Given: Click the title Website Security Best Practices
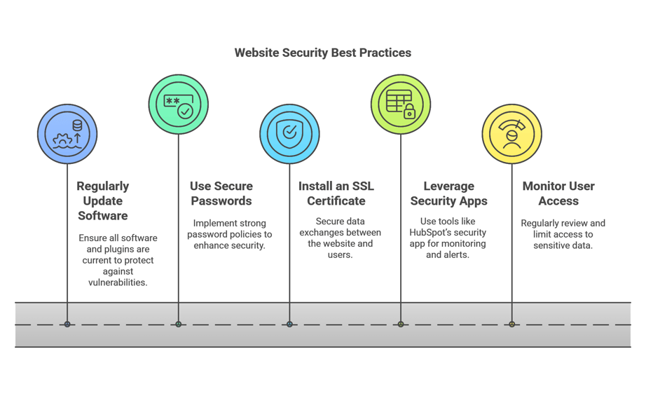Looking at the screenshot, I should pos(322,53).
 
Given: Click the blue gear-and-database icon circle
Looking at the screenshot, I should pos(67,134).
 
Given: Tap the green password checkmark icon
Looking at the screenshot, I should pos(179,104).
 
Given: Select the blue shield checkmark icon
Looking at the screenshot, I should pos(289,134).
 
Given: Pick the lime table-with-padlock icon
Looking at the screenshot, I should pos(401,104).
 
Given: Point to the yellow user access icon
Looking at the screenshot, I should pos(511,134).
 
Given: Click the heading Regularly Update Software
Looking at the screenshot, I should pos(103,201).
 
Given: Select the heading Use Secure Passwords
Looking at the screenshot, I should pos(221,193).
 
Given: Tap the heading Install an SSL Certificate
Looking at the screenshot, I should pos(336,193).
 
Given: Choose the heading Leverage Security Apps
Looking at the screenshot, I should pos(448,193).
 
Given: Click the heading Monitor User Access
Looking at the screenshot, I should pos(558,193).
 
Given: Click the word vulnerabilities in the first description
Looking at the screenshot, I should pos(118,283).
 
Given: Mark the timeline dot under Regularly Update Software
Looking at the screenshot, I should pos(67,325).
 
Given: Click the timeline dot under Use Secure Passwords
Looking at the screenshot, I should pos(179,325).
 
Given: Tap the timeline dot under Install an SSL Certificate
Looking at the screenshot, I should pos(289,325).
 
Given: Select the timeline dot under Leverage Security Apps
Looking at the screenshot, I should pos(401,325).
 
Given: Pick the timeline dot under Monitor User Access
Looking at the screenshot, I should pos(511,325).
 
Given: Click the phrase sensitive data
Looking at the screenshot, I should pos(563,246).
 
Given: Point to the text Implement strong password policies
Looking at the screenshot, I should pos(229,229).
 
